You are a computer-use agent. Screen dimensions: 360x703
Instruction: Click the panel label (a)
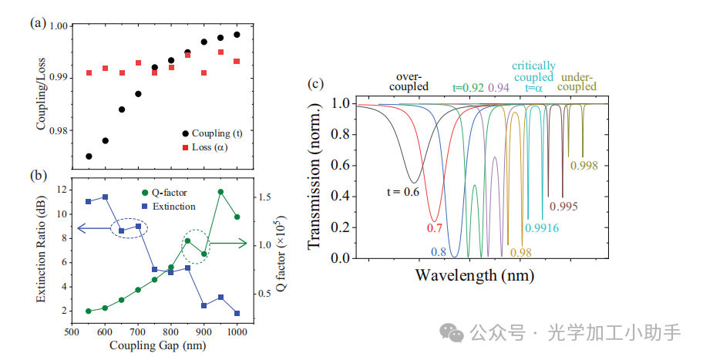37,23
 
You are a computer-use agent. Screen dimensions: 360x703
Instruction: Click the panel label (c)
314,85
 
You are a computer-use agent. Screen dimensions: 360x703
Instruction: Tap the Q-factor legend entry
166,193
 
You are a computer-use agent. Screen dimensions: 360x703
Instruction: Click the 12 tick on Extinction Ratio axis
60,190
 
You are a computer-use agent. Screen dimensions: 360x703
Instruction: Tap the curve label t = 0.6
403,191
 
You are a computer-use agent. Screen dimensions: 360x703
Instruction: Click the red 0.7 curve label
434,229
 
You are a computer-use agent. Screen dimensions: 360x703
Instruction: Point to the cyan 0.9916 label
542,227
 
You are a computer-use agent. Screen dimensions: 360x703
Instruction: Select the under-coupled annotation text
578,82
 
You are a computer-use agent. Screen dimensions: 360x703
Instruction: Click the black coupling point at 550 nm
89,156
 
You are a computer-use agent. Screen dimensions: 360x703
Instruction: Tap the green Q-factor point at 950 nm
220,192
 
